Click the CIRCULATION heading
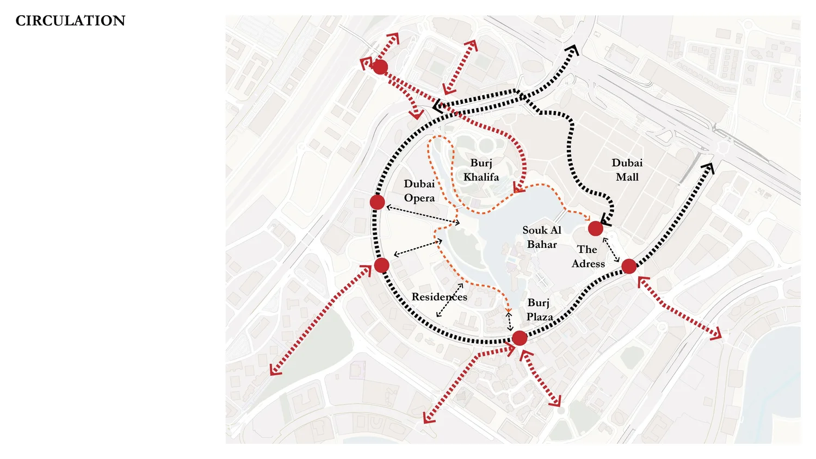coord(70,21)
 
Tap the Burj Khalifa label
coord(481,170)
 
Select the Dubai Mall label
coord(627,170)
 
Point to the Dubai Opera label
coord(419,191)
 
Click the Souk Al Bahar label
coord(542,237)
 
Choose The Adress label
coord(588,256)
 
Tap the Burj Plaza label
coord(539,309)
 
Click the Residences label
coord(439,297)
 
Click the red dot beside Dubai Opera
coord(378,202)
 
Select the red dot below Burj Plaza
coord(520,338)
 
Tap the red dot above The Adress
coord(596,228)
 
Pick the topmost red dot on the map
coord(380,67)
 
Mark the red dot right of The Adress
coord(629,266)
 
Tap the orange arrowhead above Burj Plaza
coord(508,310)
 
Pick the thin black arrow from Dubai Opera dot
coord(422,214)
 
